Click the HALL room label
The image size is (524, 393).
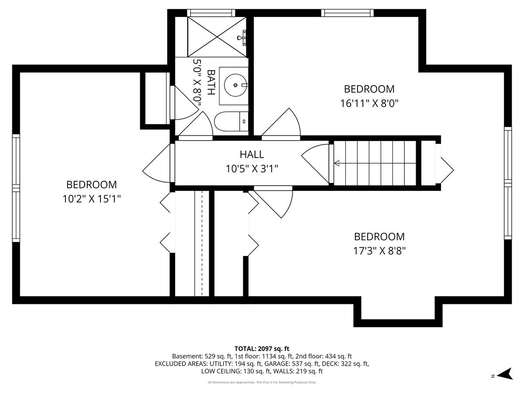(252, 155)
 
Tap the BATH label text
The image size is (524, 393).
(211, 83)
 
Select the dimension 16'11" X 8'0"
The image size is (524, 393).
(369, 103)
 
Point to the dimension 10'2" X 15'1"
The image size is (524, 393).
(92, 199)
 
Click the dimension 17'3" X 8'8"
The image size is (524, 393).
(379, 251)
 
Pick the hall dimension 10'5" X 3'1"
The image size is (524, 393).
(252, 169)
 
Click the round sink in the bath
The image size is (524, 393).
(235, 85)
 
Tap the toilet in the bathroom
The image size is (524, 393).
(231, 121)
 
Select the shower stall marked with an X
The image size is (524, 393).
(217, 37)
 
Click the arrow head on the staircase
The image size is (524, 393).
(337, 163)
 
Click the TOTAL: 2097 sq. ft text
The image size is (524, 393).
(262, 348)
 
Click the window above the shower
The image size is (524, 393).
(211, 13)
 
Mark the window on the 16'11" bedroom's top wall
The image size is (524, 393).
(347, 13)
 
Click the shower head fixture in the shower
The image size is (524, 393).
(242, 38)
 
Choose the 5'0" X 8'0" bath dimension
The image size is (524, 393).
(197, 83)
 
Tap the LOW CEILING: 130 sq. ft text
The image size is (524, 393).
(236, 371)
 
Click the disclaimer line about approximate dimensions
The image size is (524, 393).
(262, 382)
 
